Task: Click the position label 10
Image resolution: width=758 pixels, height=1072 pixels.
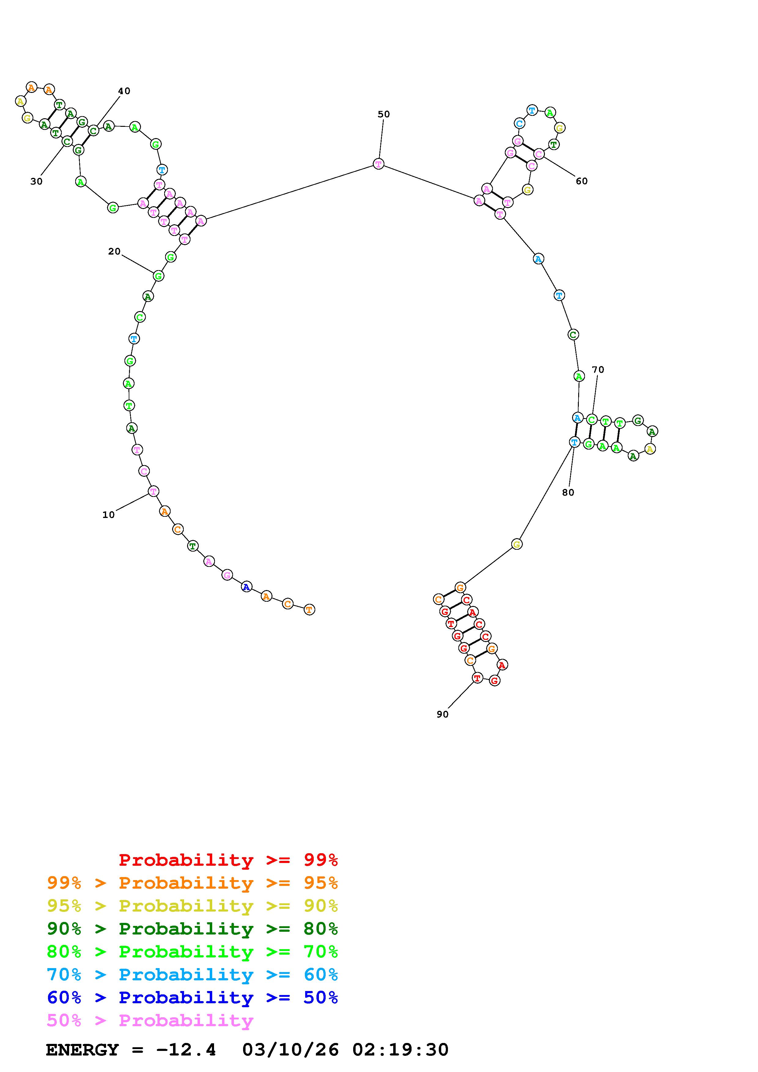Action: (x=108, y=515)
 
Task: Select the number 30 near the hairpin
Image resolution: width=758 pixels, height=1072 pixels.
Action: (x=36, y=181)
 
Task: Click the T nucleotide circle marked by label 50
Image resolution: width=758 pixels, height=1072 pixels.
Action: (x=379, y=164)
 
